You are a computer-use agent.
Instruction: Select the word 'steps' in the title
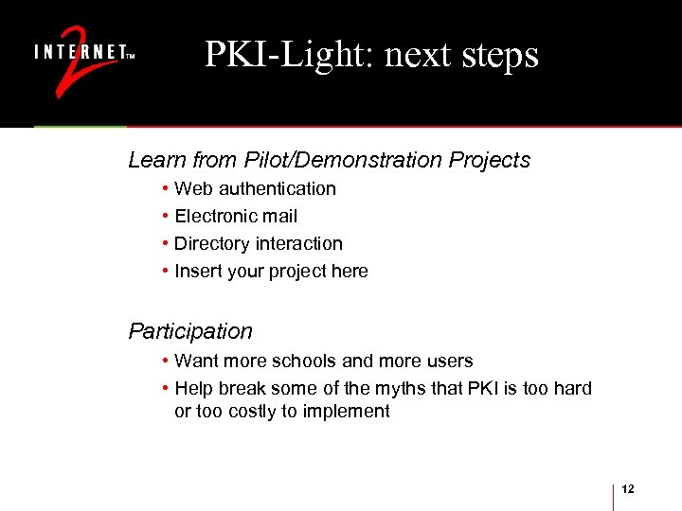[500, 55]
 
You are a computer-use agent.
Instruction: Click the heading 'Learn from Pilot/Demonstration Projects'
[329, 160]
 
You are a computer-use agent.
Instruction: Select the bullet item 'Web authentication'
[255, 189]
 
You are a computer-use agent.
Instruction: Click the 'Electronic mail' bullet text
[236, 217]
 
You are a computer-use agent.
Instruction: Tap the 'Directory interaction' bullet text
[259, 244]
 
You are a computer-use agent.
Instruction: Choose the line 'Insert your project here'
[271, 272]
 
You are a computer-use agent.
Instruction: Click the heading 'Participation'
[190, 331]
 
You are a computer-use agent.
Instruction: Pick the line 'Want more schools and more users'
[323, 361]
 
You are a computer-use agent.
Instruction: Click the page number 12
[628, 488]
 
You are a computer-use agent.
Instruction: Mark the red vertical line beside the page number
[614, 496]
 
